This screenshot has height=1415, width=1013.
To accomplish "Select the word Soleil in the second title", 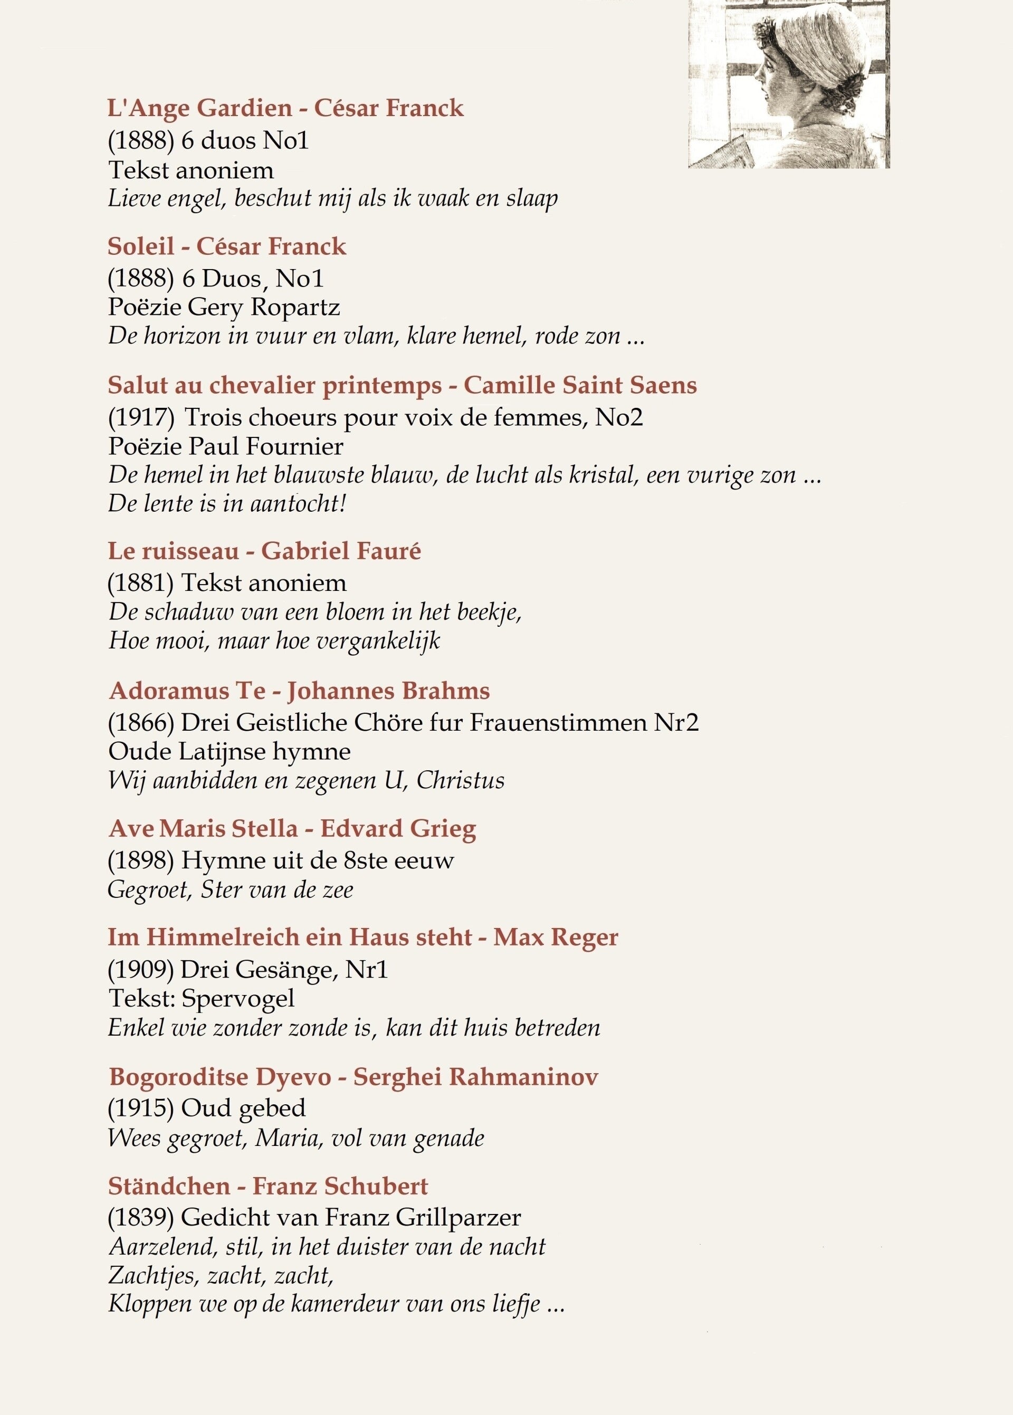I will pos(140,246).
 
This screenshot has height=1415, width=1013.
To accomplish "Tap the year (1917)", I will pos(141,417).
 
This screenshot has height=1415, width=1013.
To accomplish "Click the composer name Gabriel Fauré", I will pos(341,551).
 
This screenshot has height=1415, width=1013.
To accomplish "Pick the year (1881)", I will pos(141,583).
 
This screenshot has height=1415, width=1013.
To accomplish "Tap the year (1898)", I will pos(141,861).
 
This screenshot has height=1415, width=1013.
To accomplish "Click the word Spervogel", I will pos(237,998).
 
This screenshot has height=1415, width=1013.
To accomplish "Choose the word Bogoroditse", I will pos(169,1077).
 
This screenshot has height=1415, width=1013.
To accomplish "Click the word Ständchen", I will pos(169,1185).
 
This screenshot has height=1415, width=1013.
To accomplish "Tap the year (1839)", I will pos(141,1217).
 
